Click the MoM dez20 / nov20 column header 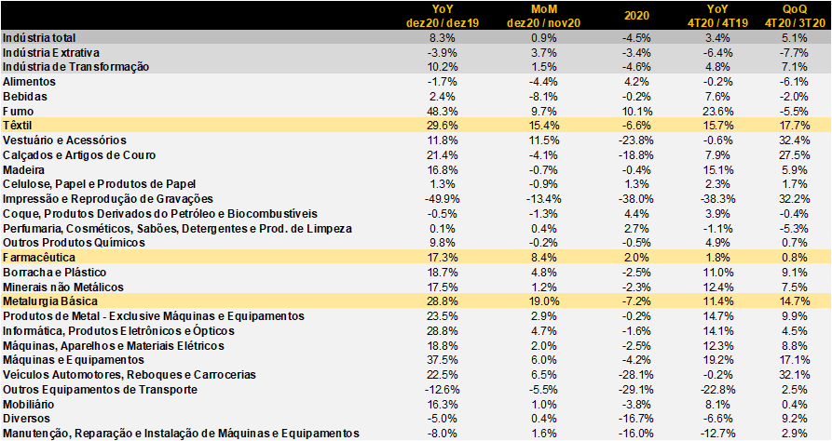click(543, 16)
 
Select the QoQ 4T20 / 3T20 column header click(795, 16)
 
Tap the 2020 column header click(636, 16)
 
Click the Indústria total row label click(39, 38)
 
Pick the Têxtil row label click(18, 126)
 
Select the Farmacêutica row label click(39, 258)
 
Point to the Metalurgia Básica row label click(50, 301)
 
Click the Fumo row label click(18, 112)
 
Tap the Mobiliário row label click(29, 405)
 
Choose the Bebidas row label click(25, 97)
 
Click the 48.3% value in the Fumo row click(443, 112)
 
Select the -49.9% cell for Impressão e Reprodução click(443, 199)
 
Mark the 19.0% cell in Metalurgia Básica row click(544, 301)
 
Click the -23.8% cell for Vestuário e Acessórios click(636, 140)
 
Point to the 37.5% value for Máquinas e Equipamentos click(443, 360)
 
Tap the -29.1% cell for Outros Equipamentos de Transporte click(636, 390)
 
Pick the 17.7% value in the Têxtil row click(795, 126)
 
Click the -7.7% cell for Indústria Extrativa click(795, 53)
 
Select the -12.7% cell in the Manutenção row click(718, 434)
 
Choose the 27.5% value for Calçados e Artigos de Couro click(795, 155)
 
